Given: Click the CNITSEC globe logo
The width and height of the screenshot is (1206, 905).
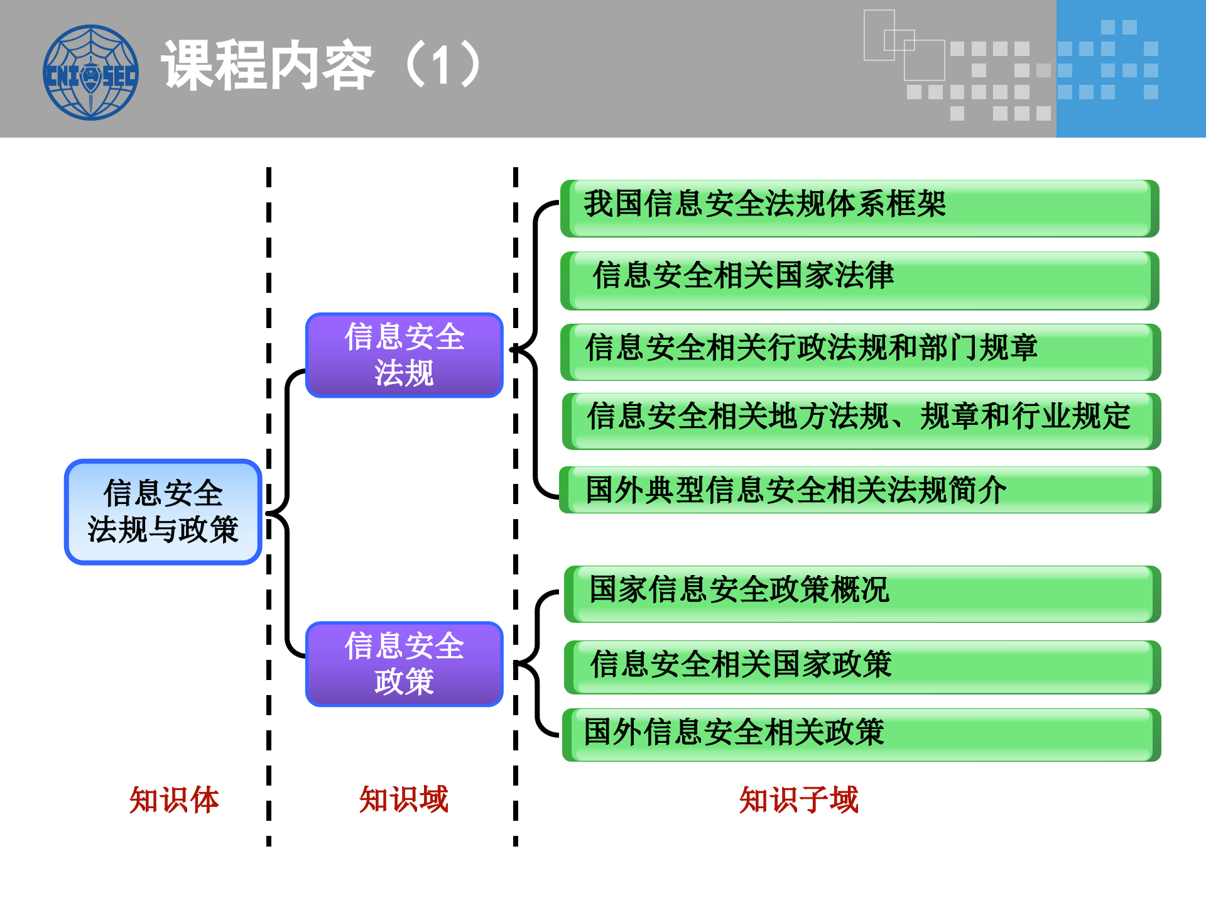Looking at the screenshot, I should [90, 72].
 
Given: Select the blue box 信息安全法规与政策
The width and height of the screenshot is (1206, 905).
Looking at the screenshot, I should [163, 512].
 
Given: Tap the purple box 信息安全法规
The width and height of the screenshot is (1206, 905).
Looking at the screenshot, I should [404, 355].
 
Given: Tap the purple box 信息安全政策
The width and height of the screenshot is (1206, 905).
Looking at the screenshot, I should [404, 664].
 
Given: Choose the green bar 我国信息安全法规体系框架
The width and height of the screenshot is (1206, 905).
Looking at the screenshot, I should [859, 208].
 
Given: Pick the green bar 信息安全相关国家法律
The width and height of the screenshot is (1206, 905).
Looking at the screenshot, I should [859, 280].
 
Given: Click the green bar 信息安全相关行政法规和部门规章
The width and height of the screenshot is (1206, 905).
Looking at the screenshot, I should [859, 352].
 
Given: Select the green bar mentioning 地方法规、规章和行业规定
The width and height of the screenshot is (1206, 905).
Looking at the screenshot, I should [861, 420].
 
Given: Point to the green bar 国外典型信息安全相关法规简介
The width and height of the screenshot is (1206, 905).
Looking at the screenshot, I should [859, 490].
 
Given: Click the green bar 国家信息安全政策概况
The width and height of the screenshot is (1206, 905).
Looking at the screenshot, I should [862, 594].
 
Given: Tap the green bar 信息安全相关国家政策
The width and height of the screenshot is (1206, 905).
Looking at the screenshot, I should [862, 667].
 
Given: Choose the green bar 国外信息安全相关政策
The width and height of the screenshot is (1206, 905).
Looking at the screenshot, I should [861, 735].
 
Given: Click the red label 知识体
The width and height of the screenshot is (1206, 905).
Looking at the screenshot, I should [174, 800].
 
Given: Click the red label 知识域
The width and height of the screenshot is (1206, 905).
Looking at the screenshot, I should [403, 800].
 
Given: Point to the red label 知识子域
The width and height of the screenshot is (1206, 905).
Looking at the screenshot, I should [798, 800].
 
